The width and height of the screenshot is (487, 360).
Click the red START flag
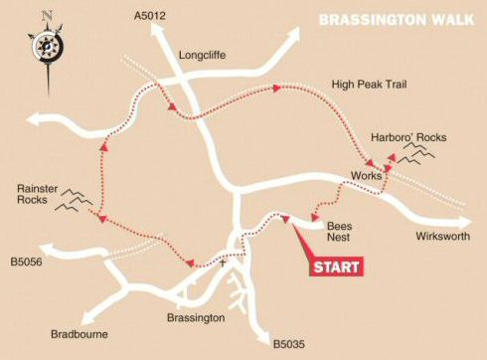(x=335, y=266)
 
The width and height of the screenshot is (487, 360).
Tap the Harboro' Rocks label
(x=402, y=135)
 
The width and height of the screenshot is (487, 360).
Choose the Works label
(x=366, y=176)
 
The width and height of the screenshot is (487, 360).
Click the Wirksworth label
(x=441, y=240)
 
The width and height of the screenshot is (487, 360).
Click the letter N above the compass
(x=46, y=15)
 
